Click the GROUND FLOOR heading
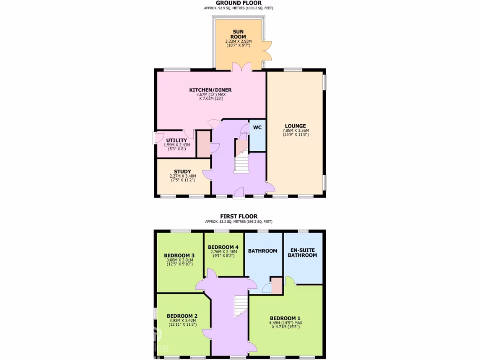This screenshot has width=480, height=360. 239,3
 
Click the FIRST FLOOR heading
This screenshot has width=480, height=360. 239,216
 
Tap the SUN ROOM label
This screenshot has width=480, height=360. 239,34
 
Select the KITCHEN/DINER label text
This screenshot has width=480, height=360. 210,90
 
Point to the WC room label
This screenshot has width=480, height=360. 257,127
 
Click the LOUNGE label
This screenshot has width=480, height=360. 295,126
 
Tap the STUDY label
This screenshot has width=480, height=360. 182,172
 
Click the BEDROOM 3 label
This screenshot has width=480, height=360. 179,255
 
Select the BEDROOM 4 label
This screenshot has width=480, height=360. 223,247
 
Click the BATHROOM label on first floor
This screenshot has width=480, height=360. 262,251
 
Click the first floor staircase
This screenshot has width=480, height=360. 240,305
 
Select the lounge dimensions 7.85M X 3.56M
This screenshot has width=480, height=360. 295,131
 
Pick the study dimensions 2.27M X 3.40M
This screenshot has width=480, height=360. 182,176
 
